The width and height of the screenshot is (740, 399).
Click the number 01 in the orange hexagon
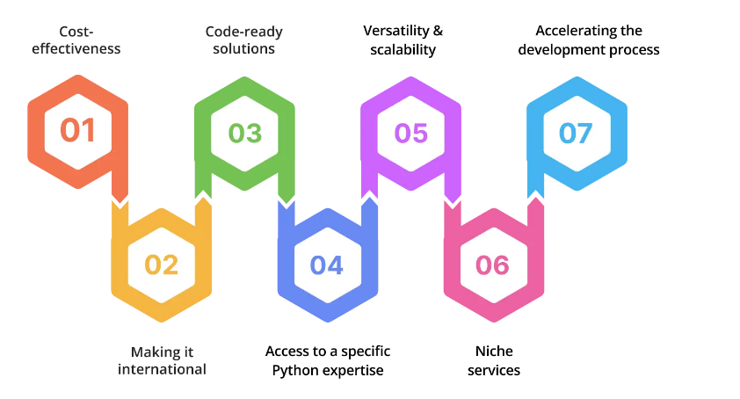point(77,131)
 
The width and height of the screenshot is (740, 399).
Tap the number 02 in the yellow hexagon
point(162,264)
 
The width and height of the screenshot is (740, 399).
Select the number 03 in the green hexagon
point(245,133)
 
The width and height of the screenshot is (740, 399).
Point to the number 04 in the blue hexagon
point(327,264)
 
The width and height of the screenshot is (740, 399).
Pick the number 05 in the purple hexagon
point(410,133)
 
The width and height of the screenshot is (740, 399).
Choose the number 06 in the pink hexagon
point(492,264)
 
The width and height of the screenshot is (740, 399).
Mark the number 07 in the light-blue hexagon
point(576,133)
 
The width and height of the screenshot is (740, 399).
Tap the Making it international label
point(162,360)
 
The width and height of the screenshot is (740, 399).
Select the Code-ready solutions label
point(244,40)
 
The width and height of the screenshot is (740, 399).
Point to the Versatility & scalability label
point(403,40)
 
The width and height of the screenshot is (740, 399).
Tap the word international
point(162,369)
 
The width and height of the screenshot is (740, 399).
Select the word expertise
point(355,370)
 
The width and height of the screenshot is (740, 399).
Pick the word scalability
point(403,49)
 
